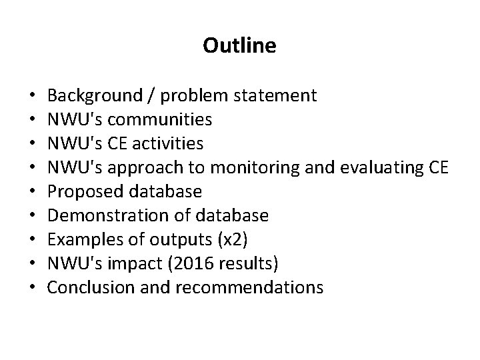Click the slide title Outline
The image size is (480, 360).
[x=239, y=46]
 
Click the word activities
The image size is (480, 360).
[x=164, y=143]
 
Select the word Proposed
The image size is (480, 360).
[x=81, y=191]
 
